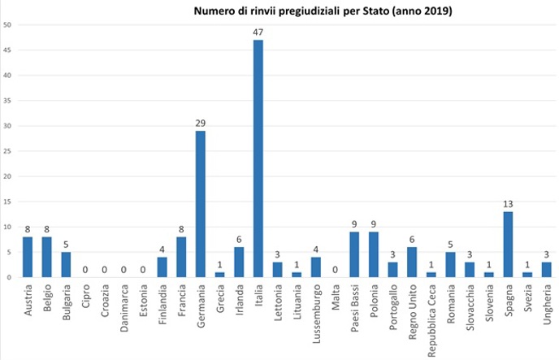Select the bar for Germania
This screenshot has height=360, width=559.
click(201, 204)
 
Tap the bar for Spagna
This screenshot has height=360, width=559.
click(508, 244)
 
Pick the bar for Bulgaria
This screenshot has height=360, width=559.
click(67, 264)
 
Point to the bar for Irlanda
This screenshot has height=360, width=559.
click(240, 262)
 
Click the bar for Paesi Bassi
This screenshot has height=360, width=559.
click(354, 254)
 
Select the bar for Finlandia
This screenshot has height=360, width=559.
click(162, 267)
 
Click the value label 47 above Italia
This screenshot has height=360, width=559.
click(258, 32)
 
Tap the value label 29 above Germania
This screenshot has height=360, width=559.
click(201, 123)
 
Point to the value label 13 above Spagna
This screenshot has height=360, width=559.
click(508, 203)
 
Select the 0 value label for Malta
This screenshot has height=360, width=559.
click(335, 269)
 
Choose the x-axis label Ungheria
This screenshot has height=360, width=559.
click(547, 306)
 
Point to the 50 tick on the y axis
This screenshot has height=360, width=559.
click(6, 24)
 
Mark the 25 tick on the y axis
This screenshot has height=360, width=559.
click(6, 151)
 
